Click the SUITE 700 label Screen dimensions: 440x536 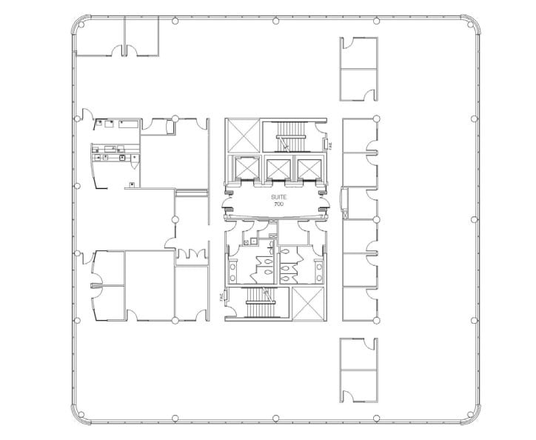[x=278, y=200]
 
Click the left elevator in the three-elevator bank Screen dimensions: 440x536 [x=245, y=169]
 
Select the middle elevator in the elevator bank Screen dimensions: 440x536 [x=278, y=169]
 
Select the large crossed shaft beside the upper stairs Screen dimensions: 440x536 [x=243, y=136]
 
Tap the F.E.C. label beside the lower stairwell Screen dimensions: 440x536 [x=221, y=296]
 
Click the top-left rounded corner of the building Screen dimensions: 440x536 [x=81, y=24]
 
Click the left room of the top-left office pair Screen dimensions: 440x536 [x=99, y=37]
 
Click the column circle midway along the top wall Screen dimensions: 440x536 [x=276, y=20]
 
